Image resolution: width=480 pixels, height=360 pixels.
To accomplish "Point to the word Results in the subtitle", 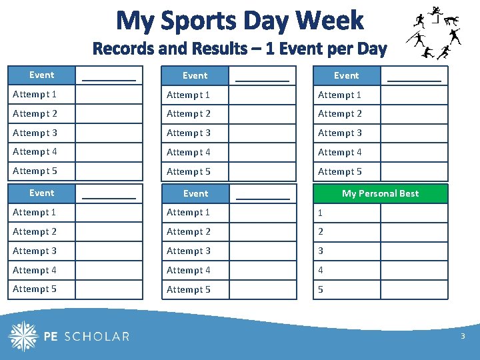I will point(218,49).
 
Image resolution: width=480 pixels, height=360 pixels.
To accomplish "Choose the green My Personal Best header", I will point(380,193).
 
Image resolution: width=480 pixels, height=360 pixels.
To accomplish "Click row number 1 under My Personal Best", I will point(321,213).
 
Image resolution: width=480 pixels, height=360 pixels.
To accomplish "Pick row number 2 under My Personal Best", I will point(321,232).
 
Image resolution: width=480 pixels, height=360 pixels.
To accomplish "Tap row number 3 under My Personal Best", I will point(321,251).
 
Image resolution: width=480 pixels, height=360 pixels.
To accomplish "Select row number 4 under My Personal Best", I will point(321,271).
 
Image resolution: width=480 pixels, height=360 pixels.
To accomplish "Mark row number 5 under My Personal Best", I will point(321,289).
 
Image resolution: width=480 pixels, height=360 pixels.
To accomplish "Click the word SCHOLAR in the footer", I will point(96,337).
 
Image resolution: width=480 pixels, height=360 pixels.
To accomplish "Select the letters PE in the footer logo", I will point(51,337).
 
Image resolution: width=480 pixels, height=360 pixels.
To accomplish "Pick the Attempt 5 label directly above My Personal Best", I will point(340,171).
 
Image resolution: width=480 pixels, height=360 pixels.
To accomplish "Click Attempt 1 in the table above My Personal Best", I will point(340,95).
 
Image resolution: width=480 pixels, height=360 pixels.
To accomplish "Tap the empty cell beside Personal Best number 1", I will point(413,213).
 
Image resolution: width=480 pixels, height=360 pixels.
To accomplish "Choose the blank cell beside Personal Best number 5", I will point(413,289).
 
